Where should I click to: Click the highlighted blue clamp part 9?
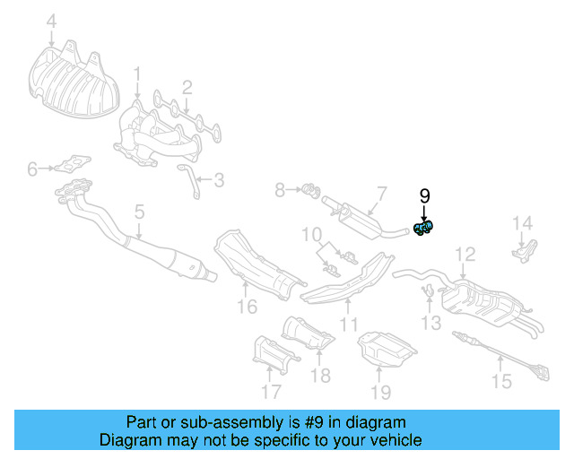coord(423,229)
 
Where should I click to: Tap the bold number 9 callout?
coord(424,195)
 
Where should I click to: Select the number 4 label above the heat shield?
coord(51,21)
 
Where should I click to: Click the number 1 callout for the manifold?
coord(137,73)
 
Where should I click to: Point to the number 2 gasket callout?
coord(187,87)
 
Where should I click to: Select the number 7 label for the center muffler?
coord(380,193)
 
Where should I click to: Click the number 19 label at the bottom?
coord(381,391)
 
